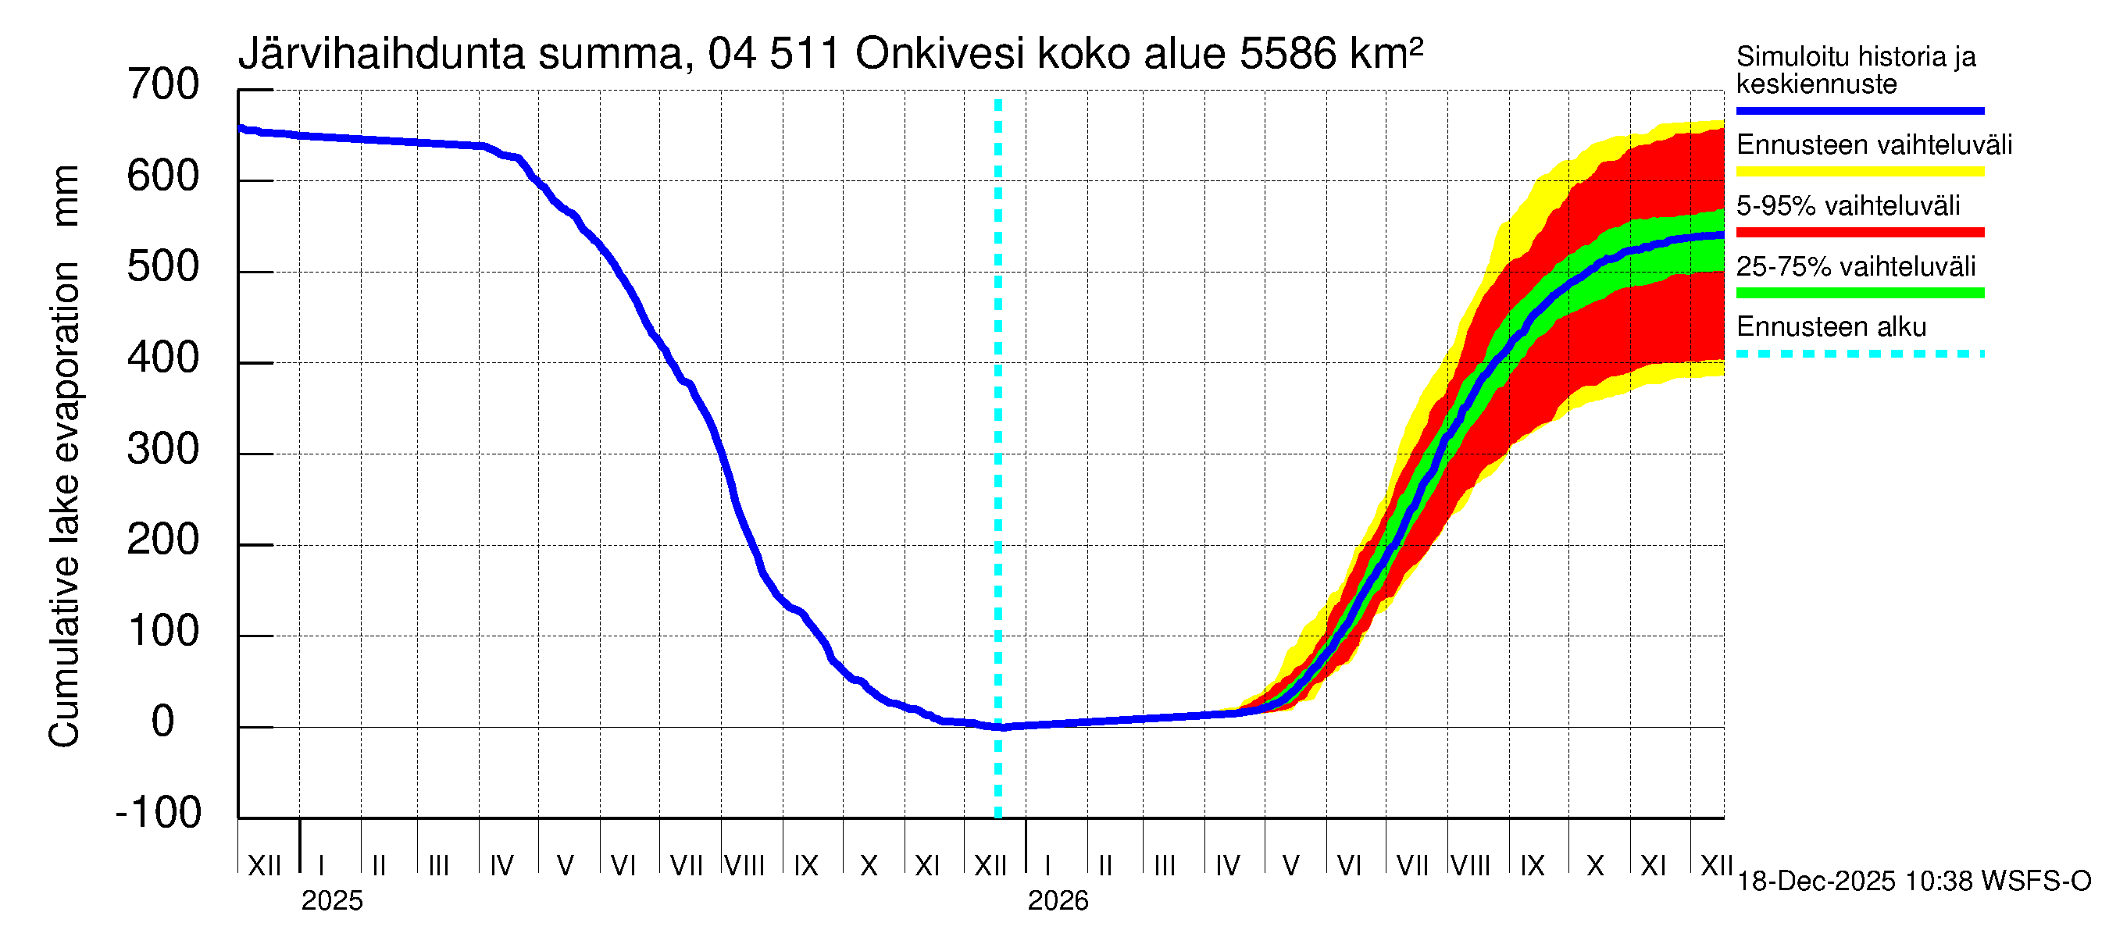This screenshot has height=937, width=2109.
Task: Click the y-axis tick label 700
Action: [x=163, y=85]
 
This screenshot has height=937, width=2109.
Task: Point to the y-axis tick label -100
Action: [x=159, y=813]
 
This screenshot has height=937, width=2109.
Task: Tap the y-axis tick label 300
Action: [x=163, y=449]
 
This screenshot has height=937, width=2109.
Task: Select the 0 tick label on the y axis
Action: [x=163, y=721]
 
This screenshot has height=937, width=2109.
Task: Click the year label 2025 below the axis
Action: [x=331, y=901]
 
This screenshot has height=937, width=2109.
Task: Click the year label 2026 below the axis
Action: [x=1058, y=901]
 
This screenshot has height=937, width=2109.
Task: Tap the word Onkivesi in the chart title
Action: [x=939, y=54]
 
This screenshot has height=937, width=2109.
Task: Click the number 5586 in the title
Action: [x=1288, y=54]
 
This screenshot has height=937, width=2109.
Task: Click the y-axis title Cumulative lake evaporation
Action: [x=64, y=504]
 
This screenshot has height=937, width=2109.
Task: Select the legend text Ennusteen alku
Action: [x=1832, y=327]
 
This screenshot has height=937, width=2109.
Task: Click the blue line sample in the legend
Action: [x=1860, y=110]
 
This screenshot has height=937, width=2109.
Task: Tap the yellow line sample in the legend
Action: [x=1860, y=172]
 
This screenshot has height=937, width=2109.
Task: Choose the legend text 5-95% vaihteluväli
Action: [x=1848, y=205]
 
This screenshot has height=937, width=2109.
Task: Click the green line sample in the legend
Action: [x=1860, y=293]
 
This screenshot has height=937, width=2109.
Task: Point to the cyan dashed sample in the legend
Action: [x=1860, y=354]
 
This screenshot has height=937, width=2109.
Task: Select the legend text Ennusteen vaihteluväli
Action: [x=1874, y=145]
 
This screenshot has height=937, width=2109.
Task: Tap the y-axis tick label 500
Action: [x=163, y=268]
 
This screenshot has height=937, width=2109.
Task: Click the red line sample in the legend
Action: [x=1860, y=233]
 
